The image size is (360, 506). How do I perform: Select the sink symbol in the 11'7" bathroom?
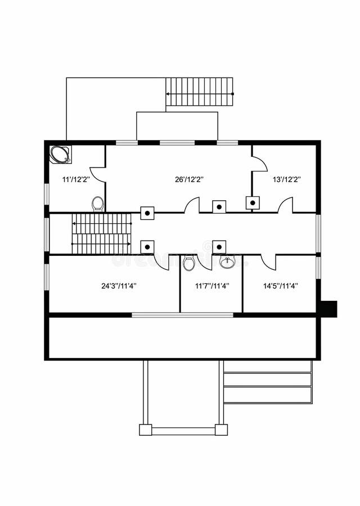click(227, 262)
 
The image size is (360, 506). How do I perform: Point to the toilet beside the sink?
click(189, 263)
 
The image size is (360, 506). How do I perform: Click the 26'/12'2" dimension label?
click(189, 179)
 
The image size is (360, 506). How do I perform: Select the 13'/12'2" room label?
click(287, 179)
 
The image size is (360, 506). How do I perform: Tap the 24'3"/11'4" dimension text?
click(119, 286)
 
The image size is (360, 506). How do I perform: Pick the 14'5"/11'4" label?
click(281, 286)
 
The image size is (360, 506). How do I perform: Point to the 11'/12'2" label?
click(76, 179)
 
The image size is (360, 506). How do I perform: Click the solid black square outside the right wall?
click(328, 309)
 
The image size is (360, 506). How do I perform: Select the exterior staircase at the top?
click(199, 92)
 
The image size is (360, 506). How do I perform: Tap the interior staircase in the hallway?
click(101, 233)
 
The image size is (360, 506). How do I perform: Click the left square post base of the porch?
click(146, 430)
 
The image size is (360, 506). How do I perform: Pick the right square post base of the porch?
click(221, 430)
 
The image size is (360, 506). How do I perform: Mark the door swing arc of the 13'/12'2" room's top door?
click(259, 164)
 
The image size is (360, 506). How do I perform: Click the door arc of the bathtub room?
click(97, 174)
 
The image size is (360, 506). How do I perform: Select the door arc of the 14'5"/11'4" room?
click(268, 263)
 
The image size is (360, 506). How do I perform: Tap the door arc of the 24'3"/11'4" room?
click(161, 263)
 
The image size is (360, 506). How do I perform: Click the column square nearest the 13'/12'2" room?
click(253, 203)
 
